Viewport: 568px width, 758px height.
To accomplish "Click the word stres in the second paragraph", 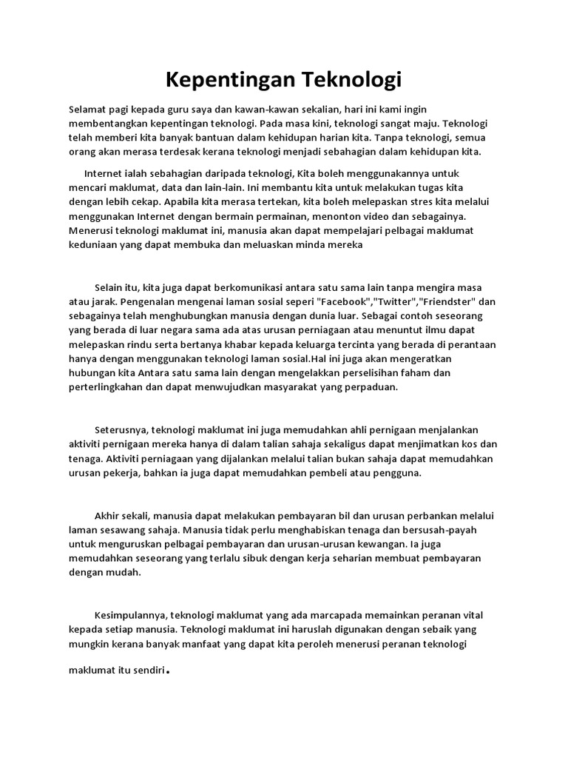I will coord(413,201).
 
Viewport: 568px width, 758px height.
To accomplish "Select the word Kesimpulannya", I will coord(131,615).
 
